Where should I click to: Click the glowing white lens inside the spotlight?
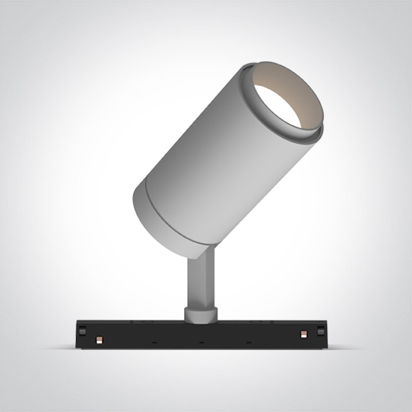277,105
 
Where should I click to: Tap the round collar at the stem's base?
200,314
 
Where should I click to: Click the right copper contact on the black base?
303,334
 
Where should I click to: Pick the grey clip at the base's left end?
82,331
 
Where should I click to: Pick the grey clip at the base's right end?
321,331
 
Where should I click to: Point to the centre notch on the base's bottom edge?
201,342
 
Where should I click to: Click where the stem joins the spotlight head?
203,252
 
